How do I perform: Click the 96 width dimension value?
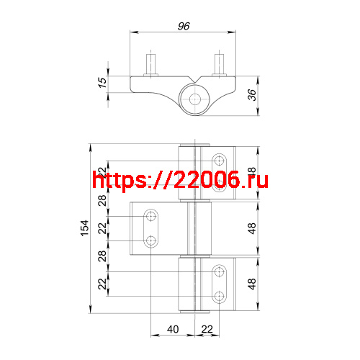pos(183,26)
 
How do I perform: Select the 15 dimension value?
pos(102,84)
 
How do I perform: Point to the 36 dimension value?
pos(253,94)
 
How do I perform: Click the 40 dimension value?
pos(173,329)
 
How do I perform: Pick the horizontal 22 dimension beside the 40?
pos(206,329)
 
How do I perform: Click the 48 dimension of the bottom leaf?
pos(251,284)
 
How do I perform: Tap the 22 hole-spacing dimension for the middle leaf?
pos(102,228)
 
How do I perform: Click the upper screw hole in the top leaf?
pos(220,158)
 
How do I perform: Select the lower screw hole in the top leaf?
pos(220,175)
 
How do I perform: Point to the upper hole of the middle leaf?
pos(151,216)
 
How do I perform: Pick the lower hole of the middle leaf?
pos(151,240)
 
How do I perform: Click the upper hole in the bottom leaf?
pos(220,271)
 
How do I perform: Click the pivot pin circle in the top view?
pos(195,99)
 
